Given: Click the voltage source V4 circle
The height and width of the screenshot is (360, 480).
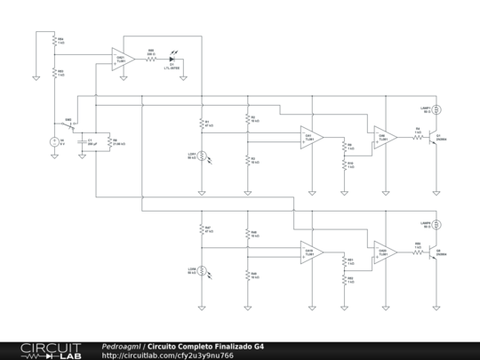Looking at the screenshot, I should click(x=54, y=140).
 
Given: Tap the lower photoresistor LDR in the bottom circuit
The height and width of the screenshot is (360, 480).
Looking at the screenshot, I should click(x=203, y=270).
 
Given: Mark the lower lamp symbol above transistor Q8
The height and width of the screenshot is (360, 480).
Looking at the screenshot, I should click(x=436, y=227).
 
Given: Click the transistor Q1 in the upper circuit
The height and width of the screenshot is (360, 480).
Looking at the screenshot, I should click(x=434, y=138).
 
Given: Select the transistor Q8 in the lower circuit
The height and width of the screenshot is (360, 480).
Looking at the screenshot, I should click(x=434, y=253).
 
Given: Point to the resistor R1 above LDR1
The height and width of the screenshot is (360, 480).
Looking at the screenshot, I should click(x=203, y=124).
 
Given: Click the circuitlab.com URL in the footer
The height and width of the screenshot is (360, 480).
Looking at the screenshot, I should click(x=168, y=355).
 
